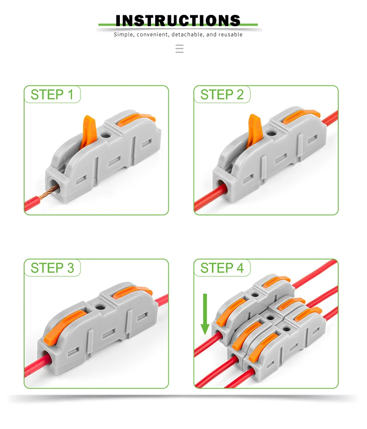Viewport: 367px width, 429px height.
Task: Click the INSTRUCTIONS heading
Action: pos(178,20)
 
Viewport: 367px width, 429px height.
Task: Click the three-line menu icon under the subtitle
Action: pos(179,49)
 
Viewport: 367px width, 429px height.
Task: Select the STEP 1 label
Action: pos(52,95)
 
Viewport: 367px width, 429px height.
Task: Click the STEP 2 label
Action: pos(222,95)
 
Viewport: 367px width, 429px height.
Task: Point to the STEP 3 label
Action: pos(52,268)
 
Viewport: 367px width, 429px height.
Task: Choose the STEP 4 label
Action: pos(222,268)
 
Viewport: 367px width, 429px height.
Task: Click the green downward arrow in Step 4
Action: pos(205,314)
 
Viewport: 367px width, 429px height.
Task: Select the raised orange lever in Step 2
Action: pos(254,131)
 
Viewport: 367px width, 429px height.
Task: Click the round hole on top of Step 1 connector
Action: pos(105,135)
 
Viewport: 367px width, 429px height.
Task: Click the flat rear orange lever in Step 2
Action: pos(301,116)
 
